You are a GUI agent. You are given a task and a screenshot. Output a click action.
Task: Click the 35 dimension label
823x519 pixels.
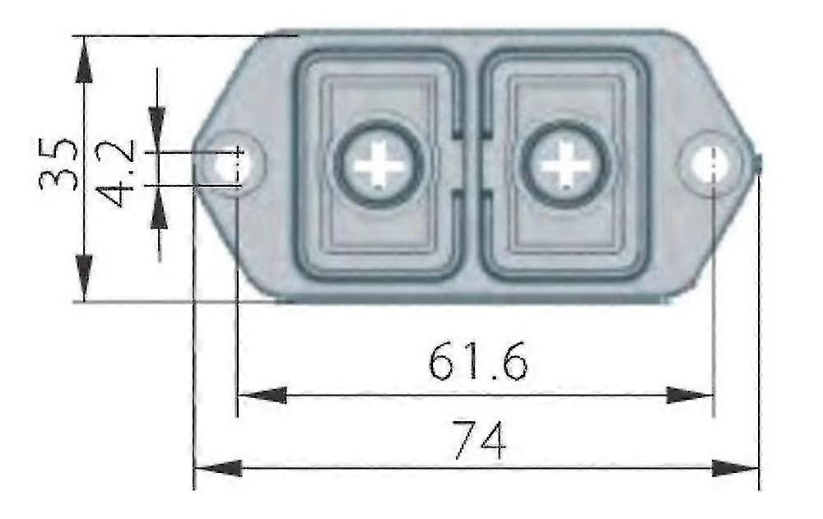pos(59,165)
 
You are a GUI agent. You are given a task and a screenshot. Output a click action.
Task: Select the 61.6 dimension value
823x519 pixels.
pos(477,362)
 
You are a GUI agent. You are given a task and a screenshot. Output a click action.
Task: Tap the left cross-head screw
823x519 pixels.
pos(379,165)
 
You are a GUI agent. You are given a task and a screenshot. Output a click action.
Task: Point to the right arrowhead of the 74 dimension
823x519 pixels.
pos(737,468)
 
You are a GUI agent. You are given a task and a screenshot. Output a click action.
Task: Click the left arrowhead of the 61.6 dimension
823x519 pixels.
pos(260,396)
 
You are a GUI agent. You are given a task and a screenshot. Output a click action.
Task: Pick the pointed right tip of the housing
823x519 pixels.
pos(757,164)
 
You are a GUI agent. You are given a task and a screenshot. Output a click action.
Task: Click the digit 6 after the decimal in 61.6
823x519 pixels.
pos(512,363)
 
